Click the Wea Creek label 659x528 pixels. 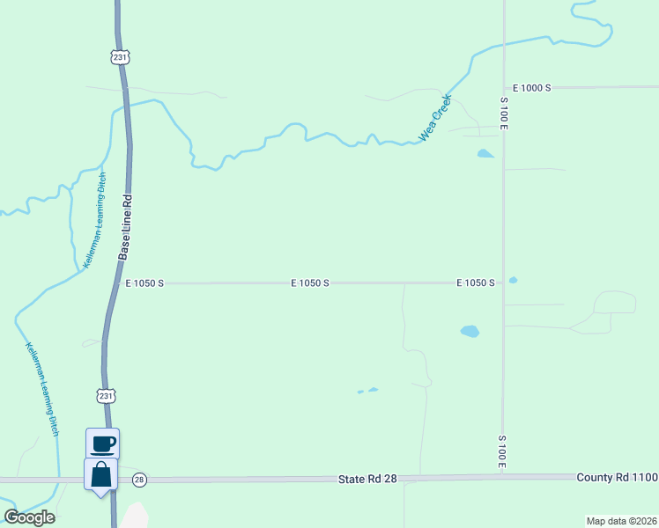pos(434,119)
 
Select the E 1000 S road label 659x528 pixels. pos(532,88)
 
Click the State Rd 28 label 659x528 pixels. pos(367,479)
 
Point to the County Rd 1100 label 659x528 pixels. pos(617,477)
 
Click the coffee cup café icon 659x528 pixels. pos(102,442)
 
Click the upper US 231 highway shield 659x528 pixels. pos(121,56)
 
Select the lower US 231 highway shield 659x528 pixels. pos(106,396)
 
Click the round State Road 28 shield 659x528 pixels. pos(138,480)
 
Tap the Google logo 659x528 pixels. pos(29,517)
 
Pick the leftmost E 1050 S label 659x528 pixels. pos(144,283)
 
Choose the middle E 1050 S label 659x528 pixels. pos(310,283)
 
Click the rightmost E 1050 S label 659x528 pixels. pos(475,283)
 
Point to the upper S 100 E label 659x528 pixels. pos(504,113)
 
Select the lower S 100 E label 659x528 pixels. pos(501,451)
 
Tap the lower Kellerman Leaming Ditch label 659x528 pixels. pos(42,388)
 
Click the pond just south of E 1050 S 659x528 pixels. pos(470,332)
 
